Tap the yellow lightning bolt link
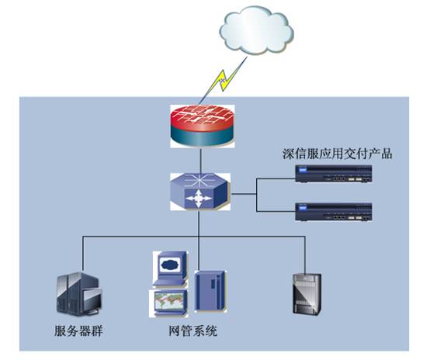[x=224, y=80]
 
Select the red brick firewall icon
[x=203, y=126]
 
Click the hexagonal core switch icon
[x=200, y=192]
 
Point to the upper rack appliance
[x=334, y=174]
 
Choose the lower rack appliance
[x=334, y=212]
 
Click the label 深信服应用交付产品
[x=337, y=154]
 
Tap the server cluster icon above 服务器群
[x=79, y=293]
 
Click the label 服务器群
[x=78, y=331]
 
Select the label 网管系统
[x=192, y=331]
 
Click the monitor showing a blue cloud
[x=171, y=268]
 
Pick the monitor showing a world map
[x=168, y=303]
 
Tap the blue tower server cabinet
[x=210, y=291]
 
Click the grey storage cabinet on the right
[x=307, y=293]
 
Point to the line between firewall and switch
[x=201, y=161]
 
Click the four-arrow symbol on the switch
[x=199, y=199]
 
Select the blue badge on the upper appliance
[x=302, y=170]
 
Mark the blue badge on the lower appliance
[x=302, y=209]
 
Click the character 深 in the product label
[x=289, y=154]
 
